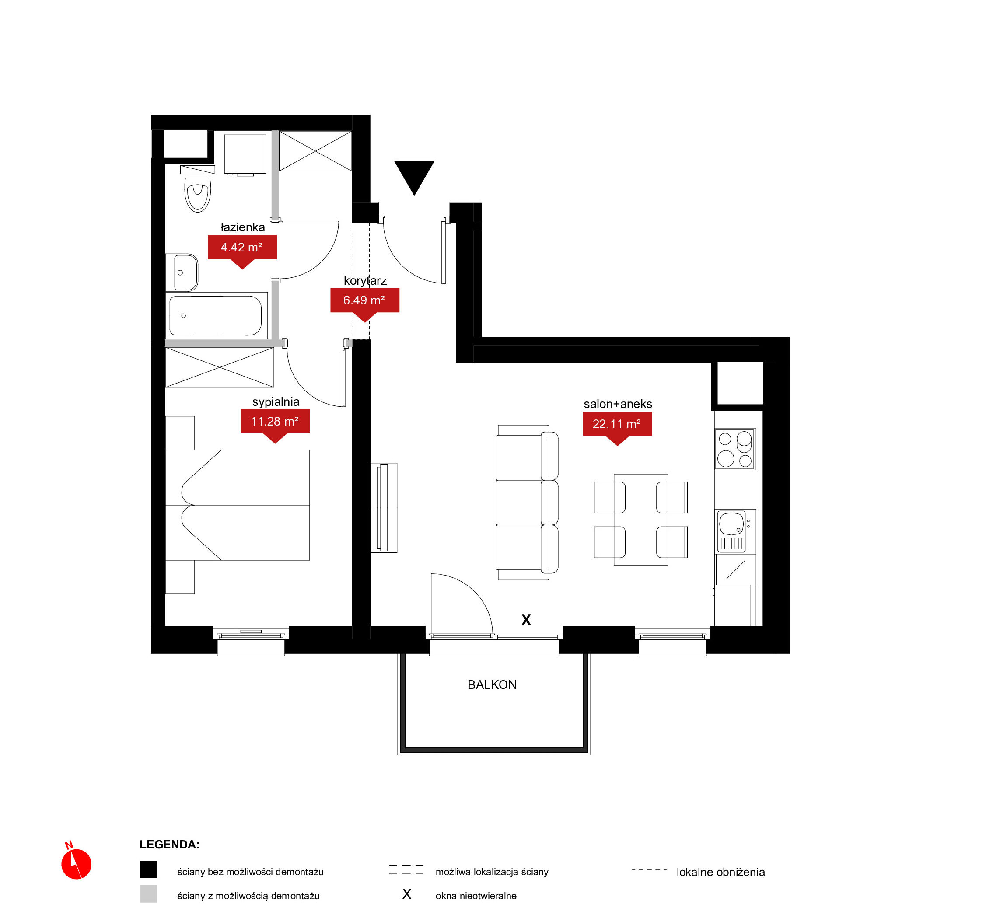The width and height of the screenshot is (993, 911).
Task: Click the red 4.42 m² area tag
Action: point(242,251)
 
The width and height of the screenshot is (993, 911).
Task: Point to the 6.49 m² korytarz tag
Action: point(365,304)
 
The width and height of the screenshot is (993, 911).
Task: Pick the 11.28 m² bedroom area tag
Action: point(275,426)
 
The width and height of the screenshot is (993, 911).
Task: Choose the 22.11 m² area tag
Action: point(617,428)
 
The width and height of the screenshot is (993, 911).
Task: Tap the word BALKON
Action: point(492,685)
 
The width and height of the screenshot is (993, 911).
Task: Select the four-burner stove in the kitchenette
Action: point(735,449)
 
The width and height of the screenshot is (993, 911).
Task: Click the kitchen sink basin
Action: point(732,524)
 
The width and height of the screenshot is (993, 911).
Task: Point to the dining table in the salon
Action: point(640,520)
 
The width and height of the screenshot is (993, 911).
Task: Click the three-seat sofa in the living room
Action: point(527,503)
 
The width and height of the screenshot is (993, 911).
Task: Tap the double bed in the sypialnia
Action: point(238,505)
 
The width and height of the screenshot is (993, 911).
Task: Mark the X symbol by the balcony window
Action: point(526,620)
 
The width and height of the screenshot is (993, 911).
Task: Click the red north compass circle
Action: point(77,864)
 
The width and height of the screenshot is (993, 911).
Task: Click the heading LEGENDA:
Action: point(170,845)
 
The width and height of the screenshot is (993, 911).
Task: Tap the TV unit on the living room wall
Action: point(384,508)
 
